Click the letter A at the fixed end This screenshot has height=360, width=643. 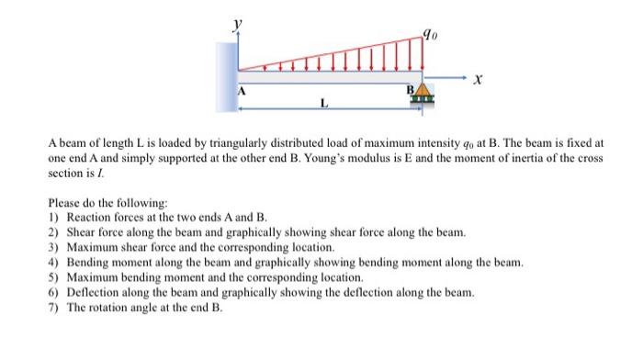[x=243, y=92]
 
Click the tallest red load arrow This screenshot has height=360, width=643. [x=421, y=54]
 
